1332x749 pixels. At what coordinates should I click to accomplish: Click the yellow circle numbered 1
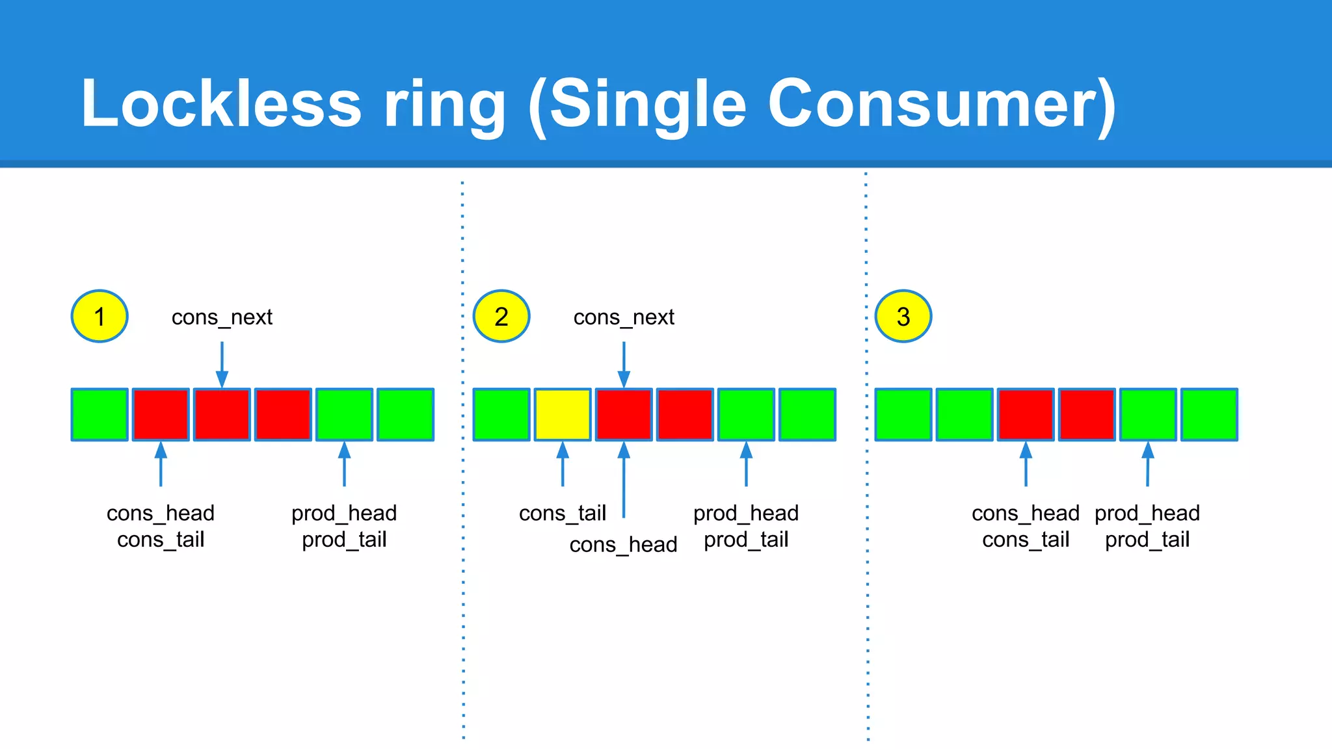100,316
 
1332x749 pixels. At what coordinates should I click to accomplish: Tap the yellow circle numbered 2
501,316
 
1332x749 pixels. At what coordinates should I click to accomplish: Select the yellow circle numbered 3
903,316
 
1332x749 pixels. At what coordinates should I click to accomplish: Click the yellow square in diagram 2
563,415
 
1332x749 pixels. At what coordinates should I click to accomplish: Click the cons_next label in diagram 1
222,317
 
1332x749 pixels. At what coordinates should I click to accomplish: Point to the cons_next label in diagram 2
624,317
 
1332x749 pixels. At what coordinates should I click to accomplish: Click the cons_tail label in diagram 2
563,513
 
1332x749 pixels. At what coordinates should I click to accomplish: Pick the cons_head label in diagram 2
623,544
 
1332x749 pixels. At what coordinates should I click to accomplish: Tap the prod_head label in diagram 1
344,513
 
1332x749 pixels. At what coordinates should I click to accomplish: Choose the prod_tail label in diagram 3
1147,540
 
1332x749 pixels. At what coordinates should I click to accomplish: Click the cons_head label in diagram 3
1026,513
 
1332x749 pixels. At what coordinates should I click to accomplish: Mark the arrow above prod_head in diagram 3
1148,464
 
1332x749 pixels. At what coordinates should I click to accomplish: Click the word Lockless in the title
221,104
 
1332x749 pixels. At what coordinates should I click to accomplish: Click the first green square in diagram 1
100,415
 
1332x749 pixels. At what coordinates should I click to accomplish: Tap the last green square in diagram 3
1209,415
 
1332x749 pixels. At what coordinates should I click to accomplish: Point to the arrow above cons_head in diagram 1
161,464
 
